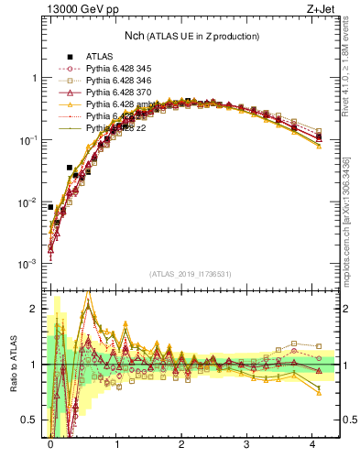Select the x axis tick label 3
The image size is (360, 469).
[x=246, y=443]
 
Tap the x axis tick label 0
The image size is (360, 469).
[x=49, y=443]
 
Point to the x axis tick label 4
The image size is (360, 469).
[x=312, y=443]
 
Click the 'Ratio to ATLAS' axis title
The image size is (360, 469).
[x=10, y=366]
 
